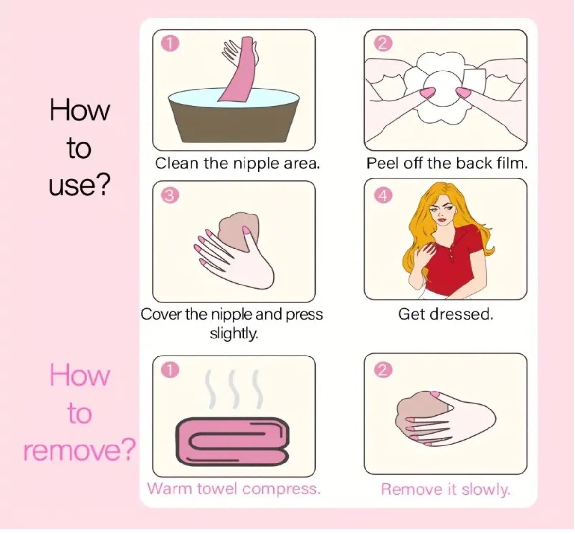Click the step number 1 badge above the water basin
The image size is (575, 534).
(x=170, y=44)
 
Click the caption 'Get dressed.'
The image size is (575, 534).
(x=446, y=314)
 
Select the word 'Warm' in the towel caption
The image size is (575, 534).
(x=171, y=489)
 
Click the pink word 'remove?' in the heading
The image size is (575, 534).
(x=79, y=451)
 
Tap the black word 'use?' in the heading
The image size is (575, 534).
(x=79, y=186)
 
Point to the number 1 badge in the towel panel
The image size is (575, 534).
(x=170, y=370)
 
